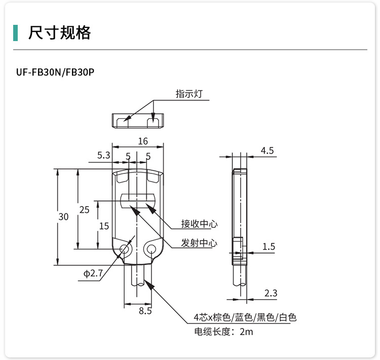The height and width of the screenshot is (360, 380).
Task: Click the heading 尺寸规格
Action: (x=60, y=32)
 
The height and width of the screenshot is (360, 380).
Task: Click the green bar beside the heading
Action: (x=16, y=32)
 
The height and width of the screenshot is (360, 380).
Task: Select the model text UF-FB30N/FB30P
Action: (x=55, y=72)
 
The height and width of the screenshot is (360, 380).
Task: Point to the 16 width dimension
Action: (x=142, y=141)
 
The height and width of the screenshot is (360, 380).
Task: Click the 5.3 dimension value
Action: (x=103, y=156)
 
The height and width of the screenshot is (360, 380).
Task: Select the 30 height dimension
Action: (x=63, y=217)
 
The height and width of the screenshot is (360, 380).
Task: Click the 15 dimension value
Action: (x=104, y=226)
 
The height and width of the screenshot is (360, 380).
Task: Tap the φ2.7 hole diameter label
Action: (x=93, y=274)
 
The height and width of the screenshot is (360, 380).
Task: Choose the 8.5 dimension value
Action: (x=145, y=311)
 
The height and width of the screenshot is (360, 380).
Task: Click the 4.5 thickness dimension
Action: (x=267, y=151)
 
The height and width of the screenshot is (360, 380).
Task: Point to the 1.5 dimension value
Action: (x=269, y=247)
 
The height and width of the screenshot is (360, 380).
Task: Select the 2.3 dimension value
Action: (x=271, y=293)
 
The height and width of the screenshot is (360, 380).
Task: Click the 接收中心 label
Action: (x=199, y=224)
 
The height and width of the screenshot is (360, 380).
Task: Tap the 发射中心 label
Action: (x=199, y=243)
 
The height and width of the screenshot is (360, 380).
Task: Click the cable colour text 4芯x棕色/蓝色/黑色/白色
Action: (x=245, y=318)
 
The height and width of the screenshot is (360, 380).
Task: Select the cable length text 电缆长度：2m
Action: (x=223, y=332)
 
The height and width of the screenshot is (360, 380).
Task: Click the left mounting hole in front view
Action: (x=124, y=248)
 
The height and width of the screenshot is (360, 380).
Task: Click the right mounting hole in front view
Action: (x=150, y=248)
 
